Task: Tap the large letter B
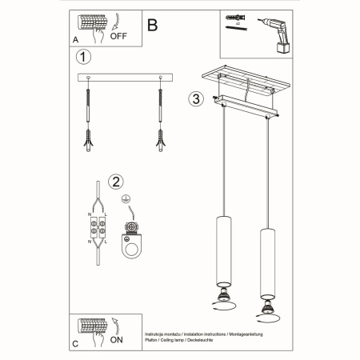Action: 153,23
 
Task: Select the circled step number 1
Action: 81,58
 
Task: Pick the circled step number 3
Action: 194,100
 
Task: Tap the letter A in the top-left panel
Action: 75,38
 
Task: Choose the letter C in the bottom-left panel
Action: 75,344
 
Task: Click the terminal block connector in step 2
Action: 97,228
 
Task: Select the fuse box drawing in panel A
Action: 90,22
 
